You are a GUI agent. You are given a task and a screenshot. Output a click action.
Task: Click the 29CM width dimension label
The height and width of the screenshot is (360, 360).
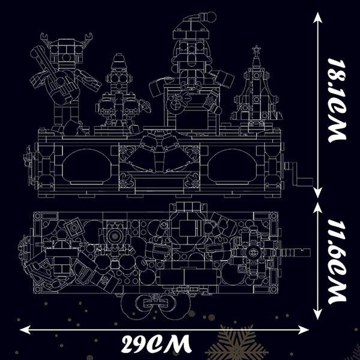(x=156, y=344)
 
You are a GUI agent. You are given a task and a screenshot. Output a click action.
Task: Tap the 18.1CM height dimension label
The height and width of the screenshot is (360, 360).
(x=337, y=100)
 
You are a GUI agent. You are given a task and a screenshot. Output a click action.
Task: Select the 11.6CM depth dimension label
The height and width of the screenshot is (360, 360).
(x=337, y=262)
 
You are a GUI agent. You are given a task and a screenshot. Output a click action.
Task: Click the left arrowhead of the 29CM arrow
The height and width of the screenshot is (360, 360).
(x=25, y=329)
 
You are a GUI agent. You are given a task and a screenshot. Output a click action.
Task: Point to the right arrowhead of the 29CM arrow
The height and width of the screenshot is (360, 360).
(x=303, y=330)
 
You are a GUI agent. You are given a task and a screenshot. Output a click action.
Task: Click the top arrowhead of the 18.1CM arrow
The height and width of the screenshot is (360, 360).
(x=317, y=17)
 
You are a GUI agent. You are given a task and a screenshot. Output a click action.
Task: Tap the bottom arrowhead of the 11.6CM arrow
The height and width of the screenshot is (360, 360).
(x=317, y=314)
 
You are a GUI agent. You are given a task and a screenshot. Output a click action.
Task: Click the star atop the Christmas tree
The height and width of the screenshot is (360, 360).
(x=256, y=49)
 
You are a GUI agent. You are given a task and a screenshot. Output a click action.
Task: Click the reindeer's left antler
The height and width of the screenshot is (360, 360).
(x=45, y=38)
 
